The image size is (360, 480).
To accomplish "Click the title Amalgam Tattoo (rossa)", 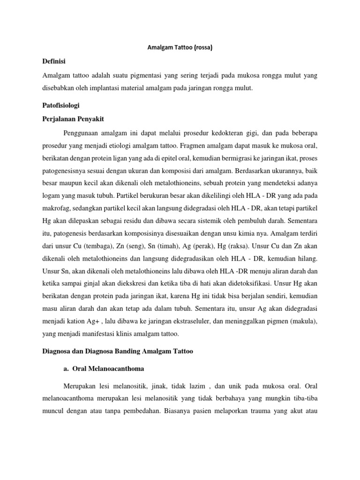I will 180,48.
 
